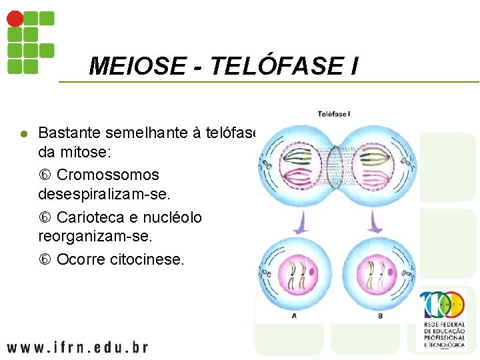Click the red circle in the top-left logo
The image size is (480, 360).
pyautogui.click(x=15, y=19)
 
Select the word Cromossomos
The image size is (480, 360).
pyautogui.click(x=108, y=175)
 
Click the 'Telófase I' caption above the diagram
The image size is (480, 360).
pyautogui.click(x=333, y=115)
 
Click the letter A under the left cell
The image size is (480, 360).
pyautogui.click(x=295, y=315)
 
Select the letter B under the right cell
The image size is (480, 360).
pyautogui.click(x=381, y=315)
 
